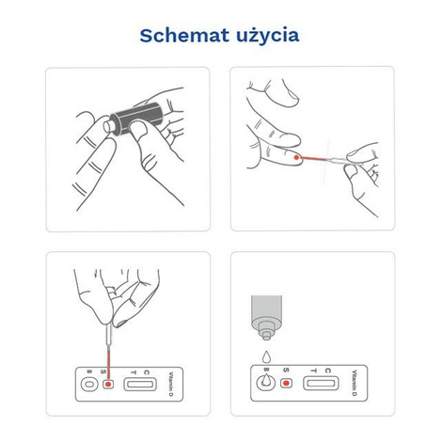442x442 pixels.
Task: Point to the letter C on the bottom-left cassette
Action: pos(150,371)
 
